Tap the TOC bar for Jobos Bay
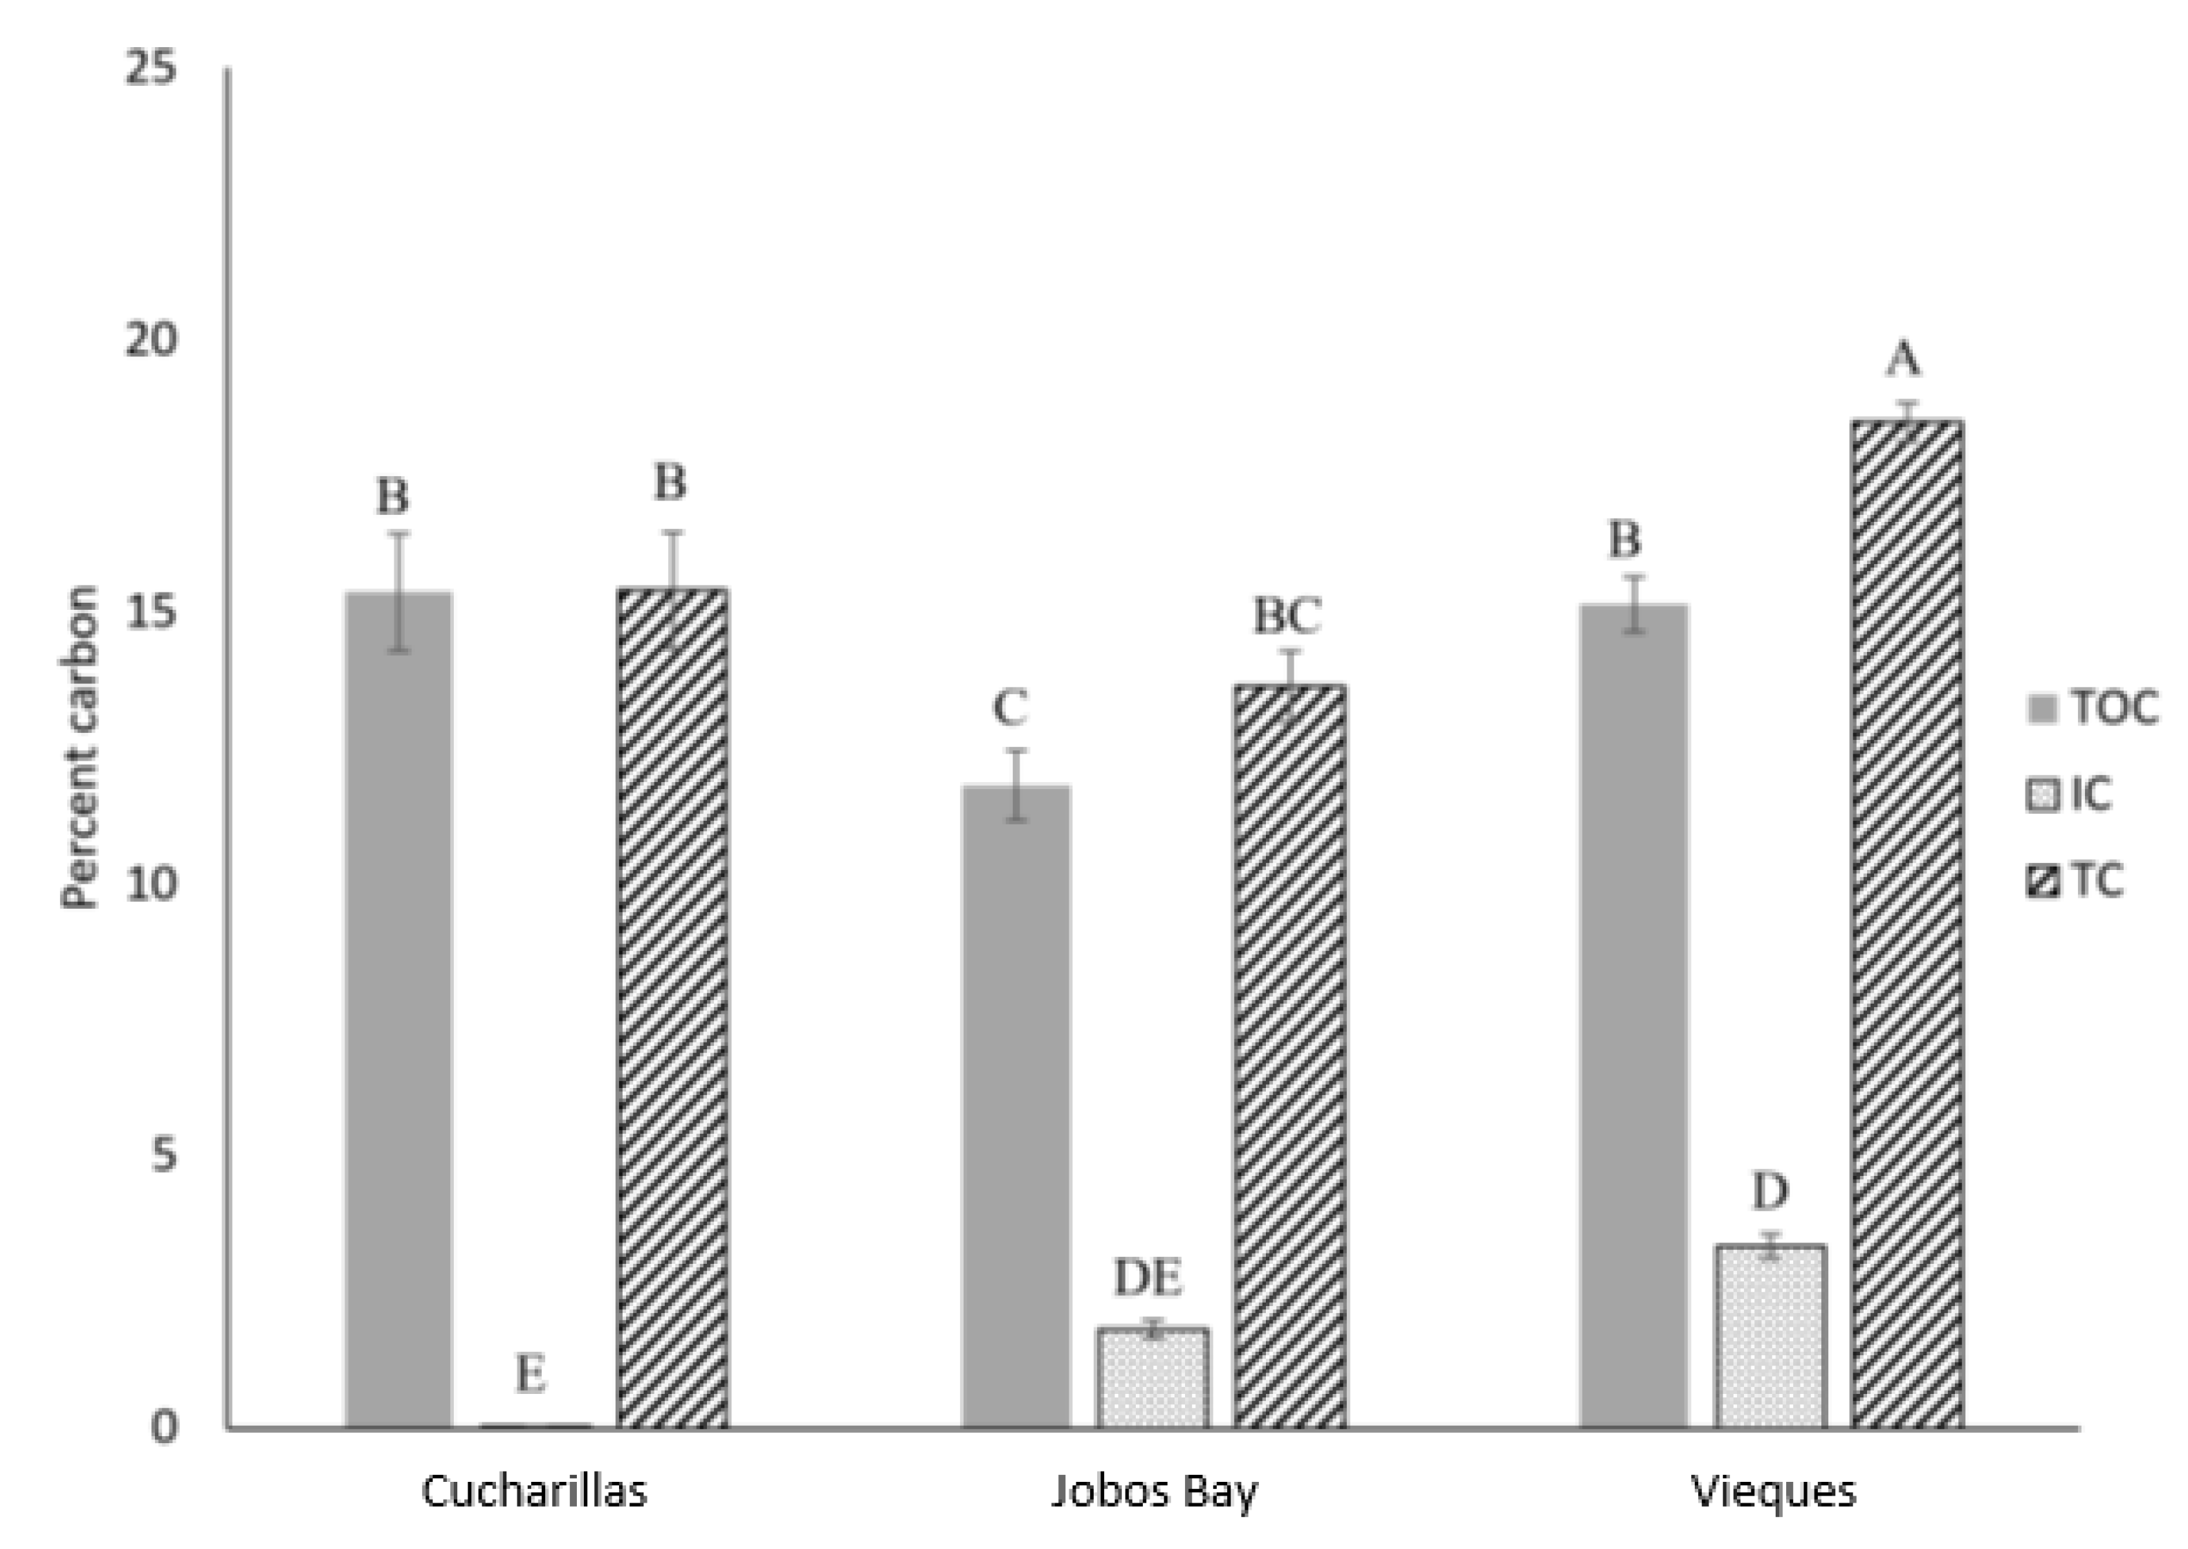click(x=1015, y=1107)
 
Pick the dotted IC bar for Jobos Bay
click(x=1152, y=1377)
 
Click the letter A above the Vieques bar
click(x=1904, y=360)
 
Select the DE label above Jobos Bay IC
click(x=1149, y=1278)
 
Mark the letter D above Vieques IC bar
click(x=1770, y=1190)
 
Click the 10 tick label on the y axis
click(x=151, y=884)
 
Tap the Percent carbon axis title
click(x=80, y=749)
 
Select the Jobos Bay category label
click(x=1154, y=1492)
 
